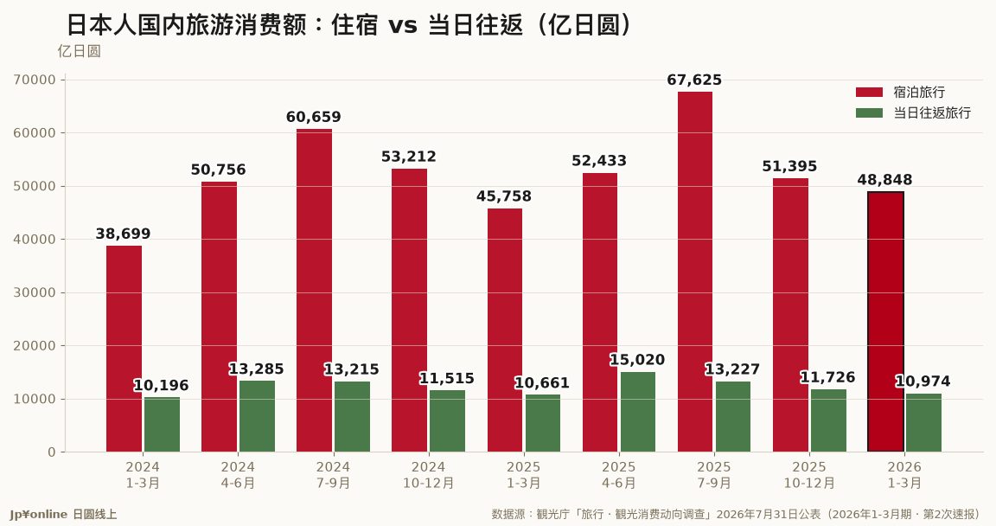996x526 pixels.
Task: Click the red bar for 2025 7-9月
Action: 695,272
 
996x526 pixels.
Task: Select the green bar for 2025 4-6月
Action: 638,413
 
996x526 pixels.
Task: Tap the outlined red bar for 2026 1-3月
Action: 885,322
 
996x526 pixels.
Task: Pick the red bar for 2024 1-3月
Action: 124,349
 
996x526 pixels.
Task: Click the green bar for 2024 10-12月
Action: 447,421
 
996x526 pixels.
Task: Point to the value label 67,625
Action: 694,80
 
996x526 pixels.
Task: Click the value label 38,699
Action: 124,234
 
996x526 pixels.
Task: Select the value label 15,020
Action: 637,360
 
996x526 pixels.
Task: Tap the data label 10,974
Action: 923,382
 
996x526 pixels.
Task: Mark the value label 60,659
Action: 313,117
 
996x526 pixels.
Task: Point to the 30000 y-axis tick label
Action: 35,293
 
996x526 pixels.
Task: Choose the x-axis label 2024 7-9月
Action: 333,475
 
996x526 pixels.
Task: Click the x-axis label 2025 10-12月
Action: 809,475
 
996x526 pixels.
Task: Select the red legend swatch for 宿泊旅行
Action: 869,92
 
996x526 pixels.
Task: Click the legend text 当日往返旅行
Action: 933,113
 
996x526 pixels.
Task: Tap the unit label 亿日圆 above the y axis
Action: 80,51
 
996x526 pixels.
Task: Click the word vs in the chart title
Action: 403,26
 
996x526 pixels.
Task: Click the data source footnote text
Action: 736,514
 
